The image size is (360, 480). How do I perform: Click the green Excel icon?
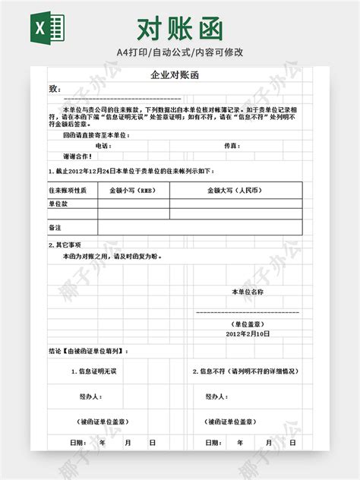tap(46, 29)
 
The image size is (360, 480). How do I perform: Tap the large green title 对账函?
tap(180, 29)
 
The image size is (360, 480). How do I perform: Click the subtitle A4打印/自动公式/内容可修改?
tap(180, 52)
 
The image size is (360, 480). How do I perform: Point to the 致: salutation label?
tap(54, 90)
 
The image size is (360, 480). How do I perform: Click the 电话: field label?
tap(103, 145)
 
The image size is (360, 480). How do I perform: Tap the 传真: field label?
tap(232, 145)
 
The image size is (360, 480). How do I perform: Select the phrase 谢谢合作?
tap(77, 156)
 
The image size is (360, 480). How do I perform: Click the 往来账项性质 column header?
tap(68, 190)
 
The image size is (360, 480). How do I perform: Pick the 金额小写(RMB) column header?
tap(133, 190)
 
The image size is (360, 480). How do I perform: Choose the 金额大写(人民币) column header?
tap(235, 190)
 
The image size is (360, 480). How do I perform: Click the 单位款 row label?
tap(58, 204)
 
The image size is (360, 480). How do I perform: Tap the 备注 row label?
tap(55, 227)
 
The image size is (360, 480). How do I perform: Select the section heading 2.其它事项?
tap(65, 245)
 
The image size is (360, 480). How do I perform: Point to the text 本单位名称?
tap(248, 292)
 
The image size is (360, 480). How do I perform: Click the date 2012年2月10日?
tap(248, 333)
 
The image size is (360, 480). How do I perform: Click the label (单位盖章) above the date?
tap(248, 323)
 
